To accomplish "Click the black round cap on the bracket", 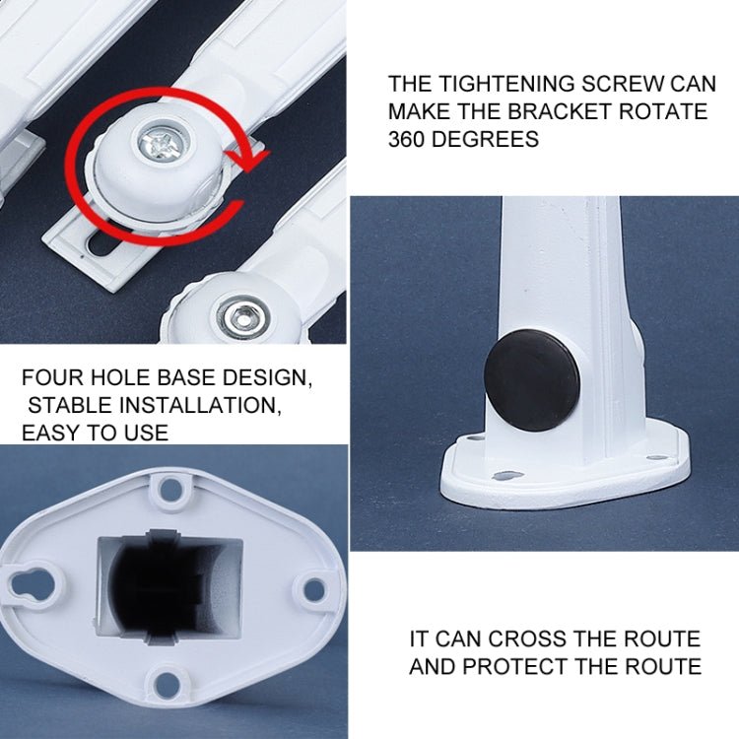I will (532, 378).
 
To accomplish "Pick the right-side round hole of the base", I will (313, 590).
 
